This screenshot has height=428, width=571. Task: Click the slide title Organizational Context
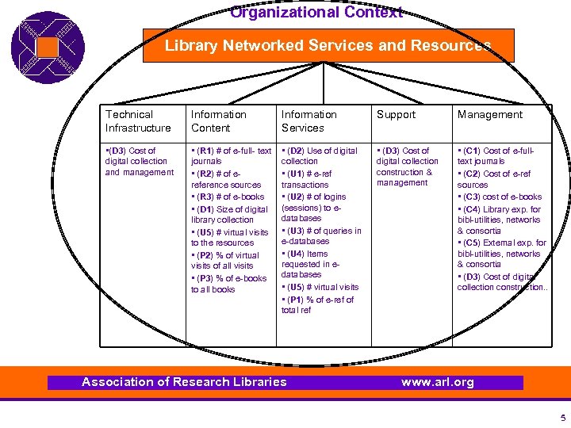(316, 12)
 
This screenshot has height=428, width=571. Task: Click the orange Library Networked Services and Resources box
(328, 46)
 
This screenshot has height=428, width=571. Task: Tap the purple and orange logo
(48, 48)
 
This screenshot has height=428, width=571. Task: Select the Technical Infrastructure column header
(138, 121)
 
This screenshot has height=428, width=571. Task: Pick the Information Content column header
(219, 121)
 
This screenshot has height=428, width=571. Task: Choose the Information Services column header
(308, 121)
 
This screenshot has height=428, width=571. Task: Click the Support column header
(396, 115)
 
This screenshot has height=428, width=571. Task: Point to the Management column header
(489, 115)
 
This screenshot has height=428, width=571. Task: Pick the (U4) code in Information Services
(295, 254)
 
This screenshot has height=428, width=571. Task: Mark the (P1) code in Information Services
(295, 300)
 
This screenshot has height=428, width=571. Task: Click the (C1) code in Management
(471, 151)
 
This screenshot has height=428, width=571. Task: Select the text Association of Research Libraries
(184, 382)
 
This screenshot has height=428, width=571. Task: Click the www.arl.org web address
(437, 382)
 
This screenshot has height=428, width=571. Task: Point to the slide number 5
(562, 418)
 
